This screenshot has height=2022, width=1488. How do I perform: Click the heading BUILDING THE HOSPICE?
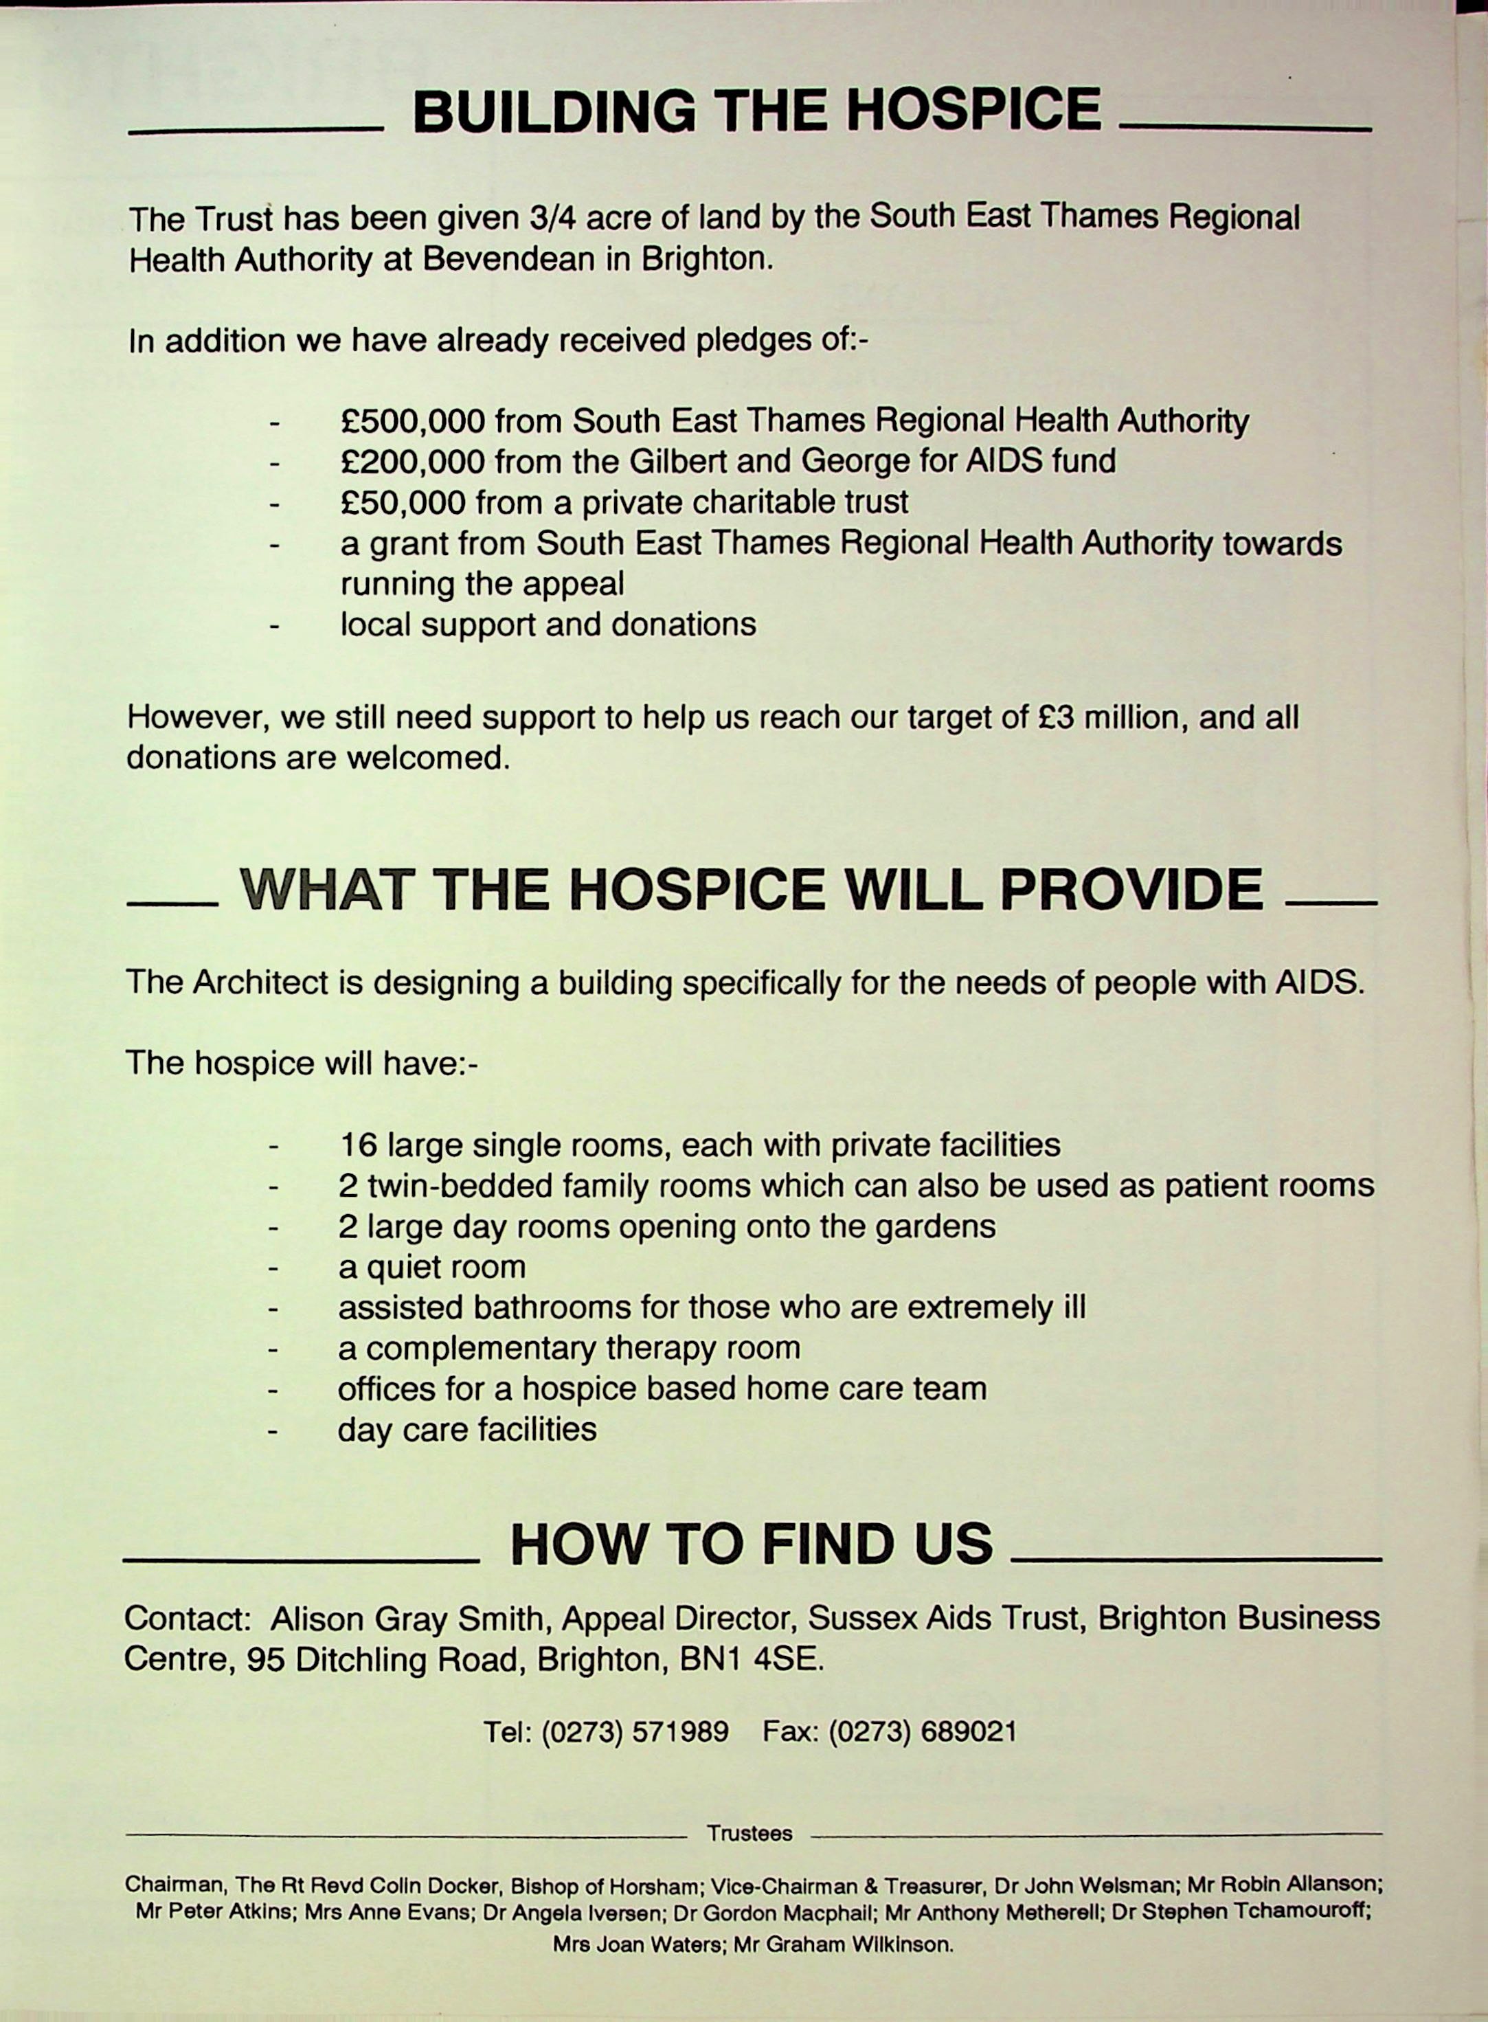pyautogui.click(x=756, y=111)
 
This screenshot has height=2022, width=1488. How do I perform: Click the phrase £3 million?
pyautogui.click(x=1109, y=718)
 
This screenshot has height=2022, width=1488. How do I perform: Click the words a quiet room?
pyautogui.click(x=431, y=1267)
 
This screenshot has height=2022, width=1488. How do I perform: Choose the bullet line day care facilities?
pyautogui.click(x=466, y=1429)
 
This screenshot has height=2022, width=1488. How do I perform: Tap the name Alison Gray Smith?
pyautogui.click(x=408, y=1619)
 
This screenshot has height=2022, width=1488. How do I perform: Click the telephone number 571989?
pyautogui.click(x=680, y=1731)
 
